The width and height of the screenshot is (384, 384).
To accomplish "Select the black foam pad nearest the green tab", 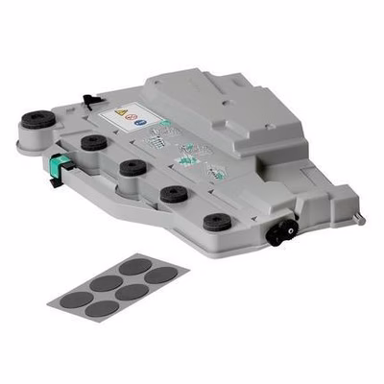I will pos(94,142).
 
